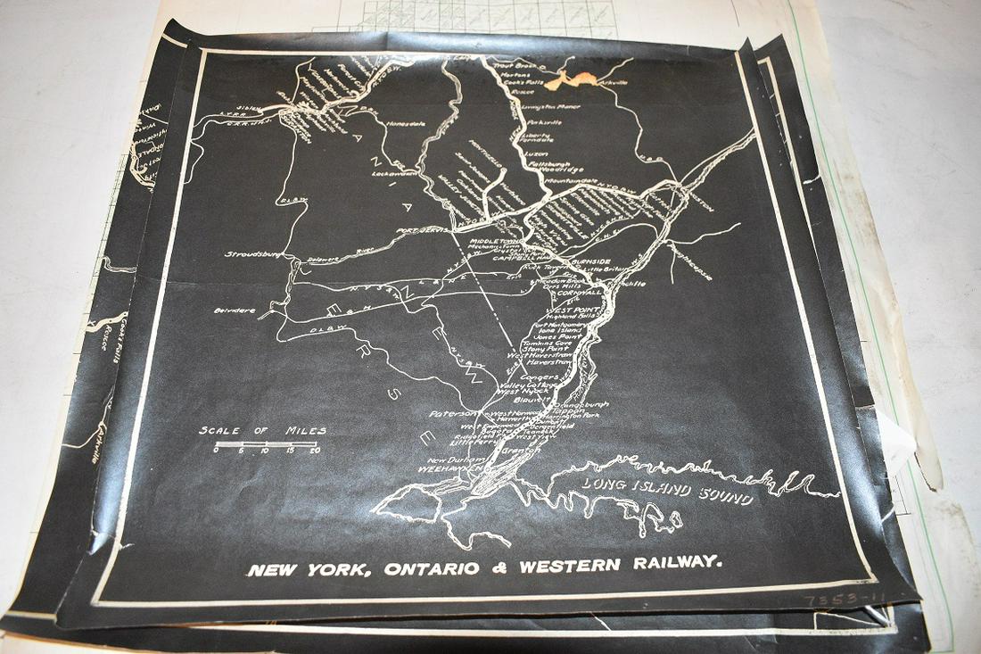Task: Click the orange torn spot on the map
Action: (571, 79)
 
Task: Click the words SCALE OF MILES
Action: (262, 431)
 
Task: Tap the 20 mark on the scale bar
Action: (314, 451)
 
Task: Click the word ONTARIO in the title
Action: (425, 568)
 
